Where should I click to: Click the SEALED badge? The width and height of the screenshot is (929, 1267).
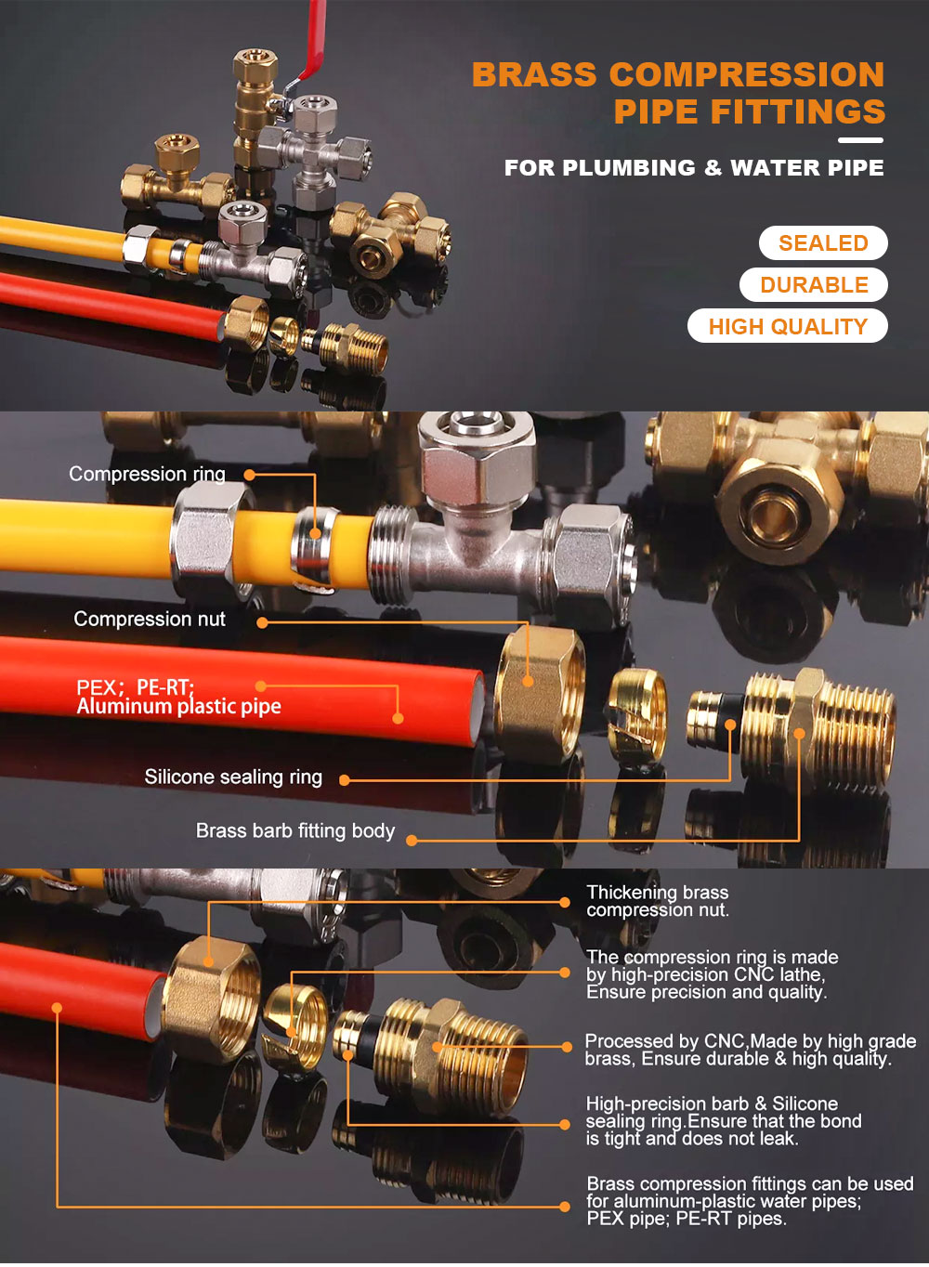tap(823, 243)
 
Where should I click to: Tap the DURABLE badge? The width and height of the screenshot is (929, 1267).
tap(814, 285)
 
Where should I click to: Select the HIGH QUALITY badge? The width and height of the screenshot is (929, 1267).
tap(788, 326)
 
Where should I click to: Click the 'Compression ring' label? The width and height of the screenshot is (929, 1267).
tap(147, 475)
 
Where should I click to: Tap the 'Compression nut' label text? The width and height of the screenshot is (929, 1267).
tap(150, 619)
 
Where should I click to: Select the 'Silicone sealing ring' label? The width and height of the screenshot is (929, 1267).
tap(233, 777)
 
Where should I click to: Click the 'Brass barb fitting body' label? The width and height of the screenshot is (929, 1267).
tap(295, 830)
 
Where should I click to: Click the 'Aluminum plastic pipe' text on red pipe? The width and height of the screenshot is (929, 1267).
tap(178, 707)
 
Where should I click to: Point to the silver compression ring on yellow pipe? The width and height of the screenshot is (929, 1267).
tap(314, 548)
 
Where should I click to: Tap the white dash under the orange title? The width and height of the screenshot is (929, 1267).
tap(860, 140)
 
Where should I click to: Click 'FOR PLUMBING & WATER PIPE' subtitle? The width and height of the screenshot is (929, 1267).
tap(694, 168)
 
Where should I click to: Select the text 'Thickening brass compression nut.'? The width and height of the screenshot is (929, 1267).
tap(658, 901)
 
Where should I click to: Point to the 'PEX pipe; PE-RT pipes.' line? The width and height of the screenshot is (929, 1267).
tap(687, 1219)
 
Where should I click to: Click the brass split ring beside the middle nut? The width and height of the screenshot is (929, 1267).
tap(637, 712)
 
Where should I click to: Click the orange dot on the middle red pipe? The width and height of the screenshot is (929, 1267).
tap(398, 718)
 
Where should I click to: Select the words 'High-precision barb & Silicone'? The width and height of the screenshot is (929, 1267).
tap(712, 1104)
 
